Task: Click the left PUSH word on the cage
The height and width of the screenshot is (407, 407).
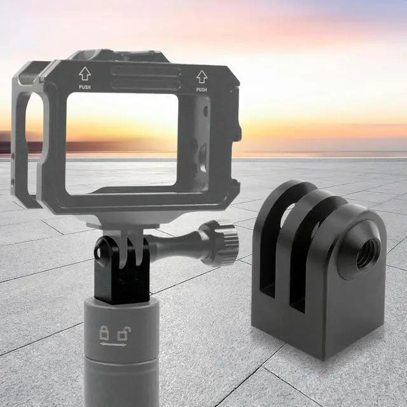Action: click(85, 88)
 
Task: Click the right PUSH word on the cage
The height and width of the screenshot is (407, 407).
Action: click(202, 90)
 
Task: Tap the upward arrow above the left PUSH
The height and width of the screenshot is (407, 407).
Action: click(85, 74)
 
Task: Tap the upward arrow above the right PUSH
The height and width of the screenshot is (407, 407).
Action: click(202, 76)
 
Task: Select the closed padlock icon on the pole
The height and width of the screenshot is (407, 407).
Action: click(104, 333)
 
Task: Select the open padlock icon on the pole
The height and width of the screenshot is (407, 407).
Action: click(123, 333)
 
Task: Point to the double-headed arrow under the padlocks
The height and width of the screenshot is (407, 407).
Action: click(113, 345)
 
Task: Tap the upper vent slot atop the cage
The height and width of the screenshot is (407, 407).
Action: click(146, 72)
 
